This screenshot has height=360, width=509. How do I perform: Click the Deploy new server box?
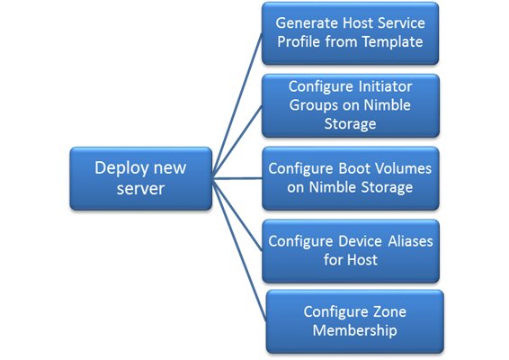tap(141, 178)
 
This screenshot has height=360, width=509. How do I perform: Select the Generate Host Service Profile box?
tap(350, 33)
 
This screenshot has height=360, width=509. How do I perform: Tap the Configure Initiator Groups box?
tap(351, 105)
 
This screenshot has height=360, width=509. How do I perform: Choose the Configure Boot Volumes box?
tap(351, 178)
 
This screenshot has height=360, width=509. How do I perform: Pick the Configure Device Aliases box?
tap(351, 251)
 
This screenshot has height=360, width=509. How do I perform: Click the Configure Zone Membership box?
tap(355, 321)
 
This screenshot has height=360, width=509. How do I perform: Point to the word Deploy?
tap(121, 169)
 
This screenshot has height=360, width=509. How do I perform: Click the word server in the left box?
tap(140, 189)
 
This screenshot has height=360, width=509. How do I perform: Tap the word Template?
tap(392, 42)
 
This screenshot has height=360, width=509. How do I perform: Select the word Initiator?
tap(385, 86)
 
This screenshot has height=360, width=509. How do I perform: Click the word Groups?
tap(314, 106)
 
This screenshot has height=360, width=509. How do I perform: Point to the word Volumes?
tap(401, 168)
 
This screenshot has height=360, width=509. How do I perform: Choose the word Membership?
tap(355, 331)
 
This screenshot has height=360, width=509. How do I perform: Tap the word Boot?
tap(354, 168)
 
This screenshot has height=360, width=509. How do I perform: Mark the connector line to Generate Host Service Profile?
tap(237, 104)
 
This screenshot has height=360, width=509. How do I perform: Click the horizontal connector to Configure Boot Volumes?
tap(237, 178)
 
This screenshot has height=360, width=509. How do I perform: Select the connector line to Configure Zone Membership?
tap(239, 250)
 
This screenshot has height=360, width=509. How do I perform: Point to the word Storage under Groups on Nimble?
tap(350, 124)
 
